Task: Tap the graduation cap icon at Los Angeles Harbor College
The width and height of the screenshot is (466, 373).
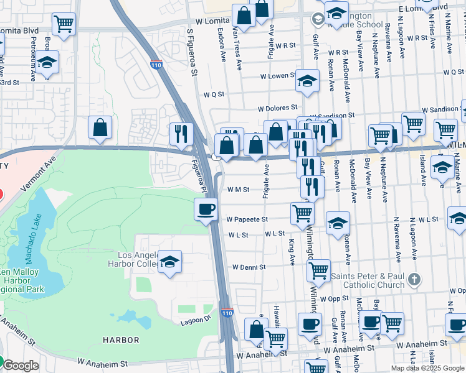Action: point(169,262)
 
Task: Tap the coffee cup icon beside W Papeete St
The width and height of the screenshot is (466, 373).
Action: point(206,209)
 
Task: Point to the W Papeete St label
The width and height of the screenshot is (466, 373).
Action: point(247,219)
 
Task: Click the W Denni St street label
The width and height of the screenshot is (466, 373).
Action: point(249,267)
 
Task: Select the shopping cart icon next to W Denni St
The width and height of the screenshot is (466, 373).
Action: point(318,270)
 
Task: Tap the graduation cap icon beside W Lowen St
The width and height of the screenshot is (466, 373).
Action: point(307,81)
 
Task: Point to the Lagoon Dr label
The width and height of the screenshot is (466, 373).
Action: point(197,320)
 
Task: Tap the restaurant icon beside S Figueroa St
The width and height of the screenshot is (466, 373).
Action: point(182,133)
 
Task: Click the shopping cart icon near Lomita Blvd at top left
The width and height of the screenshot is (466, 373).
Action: point(64,24)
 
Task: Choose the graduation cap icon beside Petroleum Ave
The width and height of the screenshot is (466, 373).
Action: point(47,62)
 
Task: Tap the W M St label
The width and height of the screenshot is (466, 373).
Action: point(239,190)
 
